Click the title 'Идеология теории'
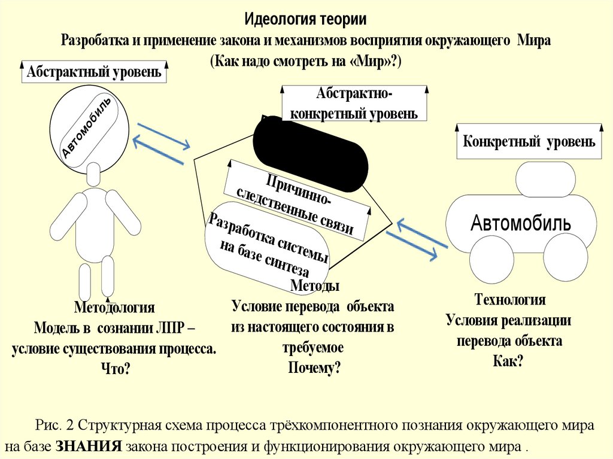(x=306, y=19)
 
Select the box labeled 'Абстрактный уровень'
(x=93, y=73)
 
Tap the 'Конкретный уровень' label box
(x=529, y=142)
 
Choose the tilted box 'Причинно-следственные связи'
(x=298, y=203)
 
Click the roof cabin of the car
(x=545, y=178)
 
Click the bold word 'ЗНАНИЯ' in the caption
(x=89, y=446)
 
